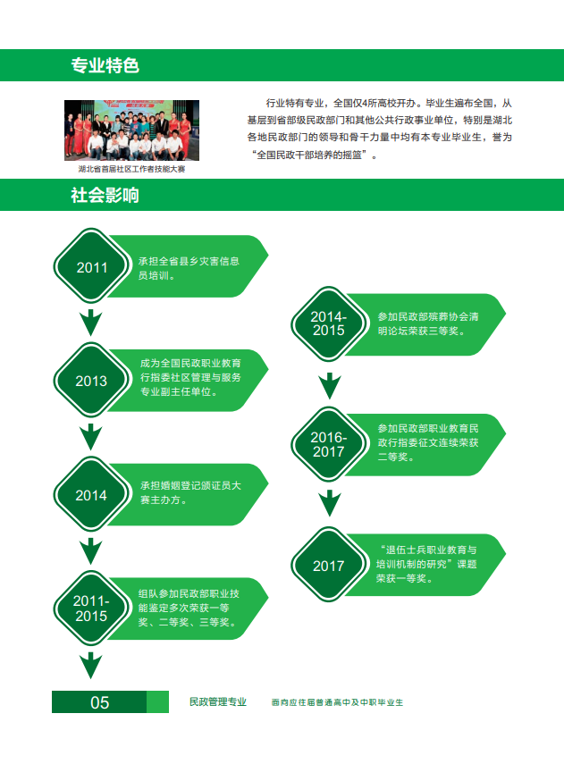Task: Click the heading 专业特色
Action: pos(105,65)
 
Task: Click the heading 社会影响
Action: pos(105,196)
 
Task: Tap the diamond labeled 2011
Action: pos(91,266)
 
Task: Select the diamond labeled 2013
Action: pos(91,380)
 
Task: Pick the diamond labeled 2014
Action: pos(91,494)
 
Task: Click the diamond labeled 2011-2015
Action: pos(91,609)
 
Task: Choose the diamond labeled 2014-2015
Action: pos(329,324)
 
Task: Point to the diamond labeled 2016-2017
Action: pos(329,444)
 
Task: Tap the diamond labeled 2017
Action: pos(329,565)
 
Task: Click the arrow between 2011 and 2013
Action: pos(90,322)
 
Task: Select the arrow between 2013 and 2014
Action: pos(90,437)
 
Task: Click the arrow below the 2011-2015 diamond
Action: pos(90,666)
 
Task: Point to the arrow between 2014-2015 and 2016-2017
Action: pos(330,386)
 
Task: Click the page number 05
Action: pos(100,702)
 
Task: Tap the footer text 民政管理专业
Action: pos(218,701)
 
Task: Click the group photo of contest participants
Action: pos(131,130)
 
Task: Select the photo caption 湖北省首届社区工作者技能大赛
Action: pos(131,169)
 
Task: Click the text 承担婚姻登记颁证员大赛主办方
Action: pos(190,492)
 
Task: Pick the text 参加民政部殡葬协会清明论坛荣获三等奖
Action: pos(428,323)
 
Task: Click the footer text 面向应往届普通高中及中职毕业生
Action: pos(337,702)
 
